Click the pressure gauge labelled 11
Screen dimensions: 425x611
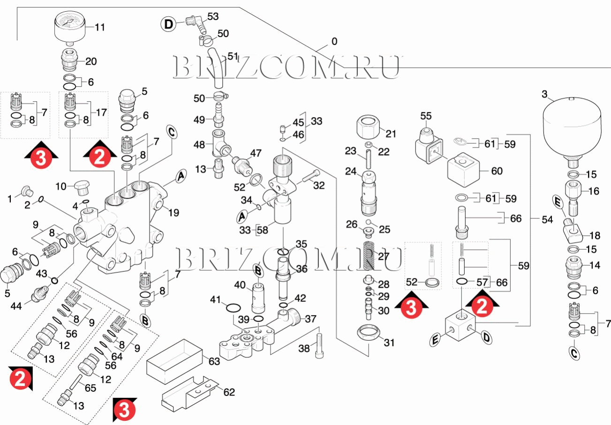[x=70, y=27]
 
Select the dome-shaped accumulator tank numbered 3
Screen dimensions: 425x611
[x=571, y=128]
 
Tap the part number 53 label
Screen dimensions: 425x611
[x=213, y=17]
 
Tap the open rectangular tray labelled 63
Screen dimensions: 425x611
[x=175, y=362]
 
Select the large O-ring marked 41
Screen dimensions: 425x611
[x=233, y=308]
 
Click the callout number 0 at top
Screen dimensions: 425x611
[x=334, y=42]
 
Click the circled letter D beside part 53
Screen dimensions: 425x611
[x=168, y=23]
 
